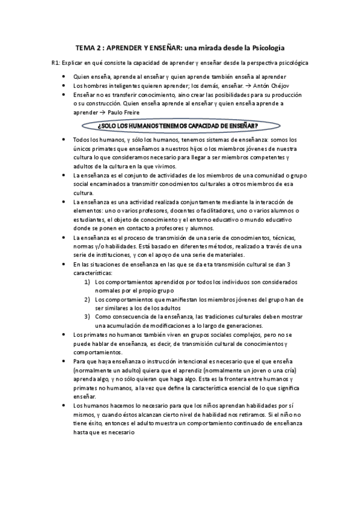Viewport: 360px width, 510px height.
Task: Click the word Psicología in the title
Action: (265, 46)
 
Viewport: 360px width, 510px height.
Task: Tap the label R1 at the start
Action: (57, 63)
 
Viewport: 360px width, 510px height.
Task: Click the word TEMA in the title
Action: (85, 46)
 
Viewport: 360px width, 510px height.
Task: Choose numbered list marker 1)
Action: (87, 281)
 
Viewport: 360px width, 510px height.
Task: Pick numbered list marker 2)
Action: (87, 299)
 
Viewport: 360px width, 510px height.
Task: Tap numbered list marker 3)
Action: (87, 316)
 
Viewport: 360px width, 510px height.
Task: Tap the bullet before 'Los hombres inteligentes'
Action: (64, 85)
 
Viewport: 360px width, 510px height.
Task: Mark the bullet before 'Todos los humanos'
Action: (64, 140)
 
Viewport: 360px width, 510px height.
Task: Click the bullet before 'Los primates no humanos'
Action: (64, 334)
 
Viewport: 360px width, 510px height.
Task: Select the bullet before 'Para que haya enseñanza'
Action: (64, 360)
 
